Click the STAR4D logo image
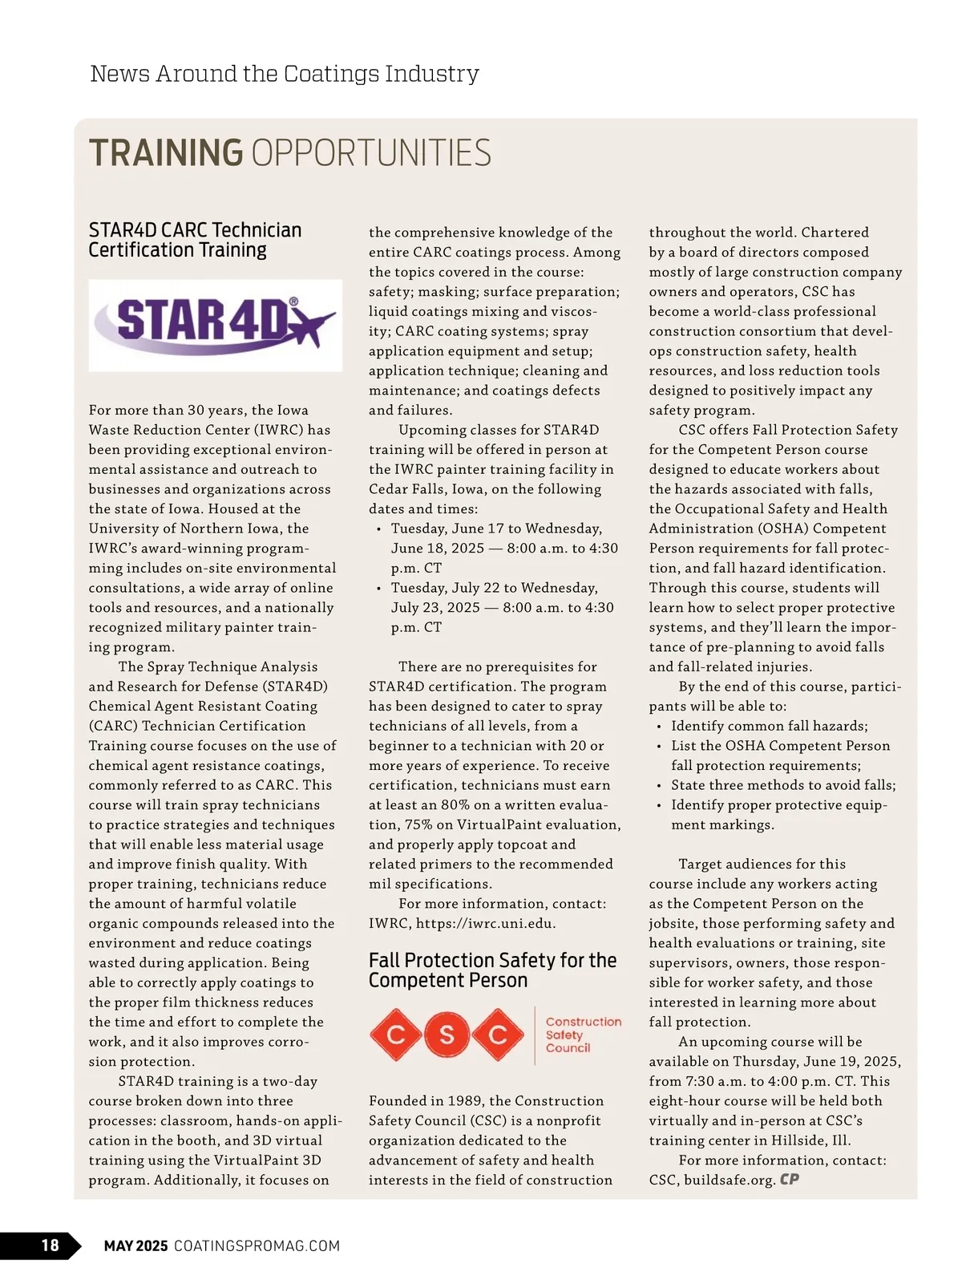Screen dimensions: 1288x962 pos(215,325)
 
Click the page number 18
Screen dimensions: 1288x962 pos(50,1245)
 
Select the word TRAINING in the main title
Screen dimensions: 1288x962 pos(166,153)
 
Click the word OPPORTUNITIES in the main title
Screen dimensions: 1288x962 pos(371,153)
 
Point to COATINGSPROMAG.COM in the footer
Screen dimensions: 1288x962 pos(257,1245)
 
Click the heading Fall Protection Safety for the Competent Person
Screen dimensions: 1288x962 pos(492,970)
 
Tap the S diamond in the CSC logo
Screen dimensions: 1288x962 pos(447,1035)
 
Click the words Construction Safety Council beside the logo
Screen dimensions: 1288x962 pos(583,1035)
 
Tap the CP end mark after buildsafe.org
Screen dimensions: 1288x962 pos(790,1180)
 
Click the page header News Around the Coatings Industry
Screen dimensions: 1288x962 pos(285,74)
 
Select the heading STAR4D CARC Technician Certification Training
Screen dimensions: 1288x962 pos(195,240)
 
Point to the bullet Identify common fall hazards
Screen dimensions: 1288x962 pos(769,726)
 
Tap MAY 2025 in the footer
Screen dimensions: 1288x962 pos(135,1245)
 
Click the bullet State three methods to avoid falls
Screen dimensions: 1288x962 pos(783,785)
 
